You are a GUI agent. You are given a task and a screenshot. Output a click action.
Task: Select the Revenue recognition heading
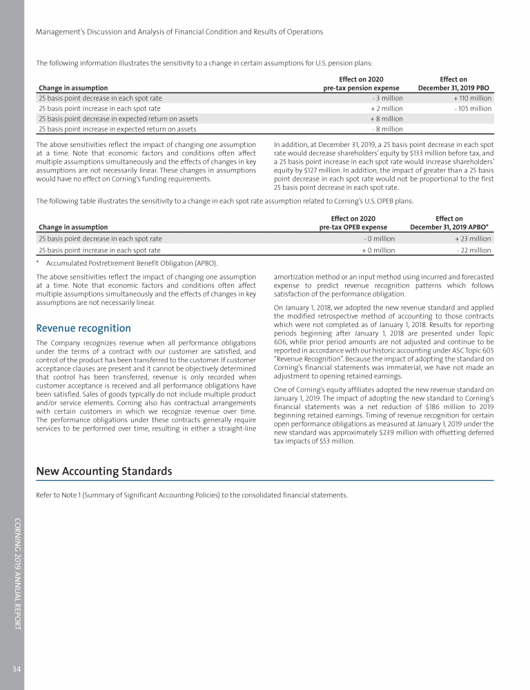tap(83, 328)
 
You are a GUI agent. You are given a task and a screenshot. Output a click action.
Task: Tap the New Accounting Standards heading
tap(104, 472)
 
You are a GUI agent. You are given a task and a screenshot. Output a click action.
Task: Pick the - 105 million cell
tap(473, 108)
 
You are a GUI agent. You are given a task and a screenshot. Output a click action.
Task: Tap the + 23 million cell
tap(474, 239)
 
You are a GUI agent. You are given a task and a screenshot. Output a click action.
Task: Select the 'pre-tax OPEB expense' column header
tap(357, 226)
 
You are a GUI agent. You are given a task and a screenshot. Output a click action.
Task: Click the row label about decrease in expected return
tap(118, 119)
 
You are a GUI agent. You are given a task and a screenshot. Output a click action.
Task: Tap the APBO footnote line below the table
tap(132, 263)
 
